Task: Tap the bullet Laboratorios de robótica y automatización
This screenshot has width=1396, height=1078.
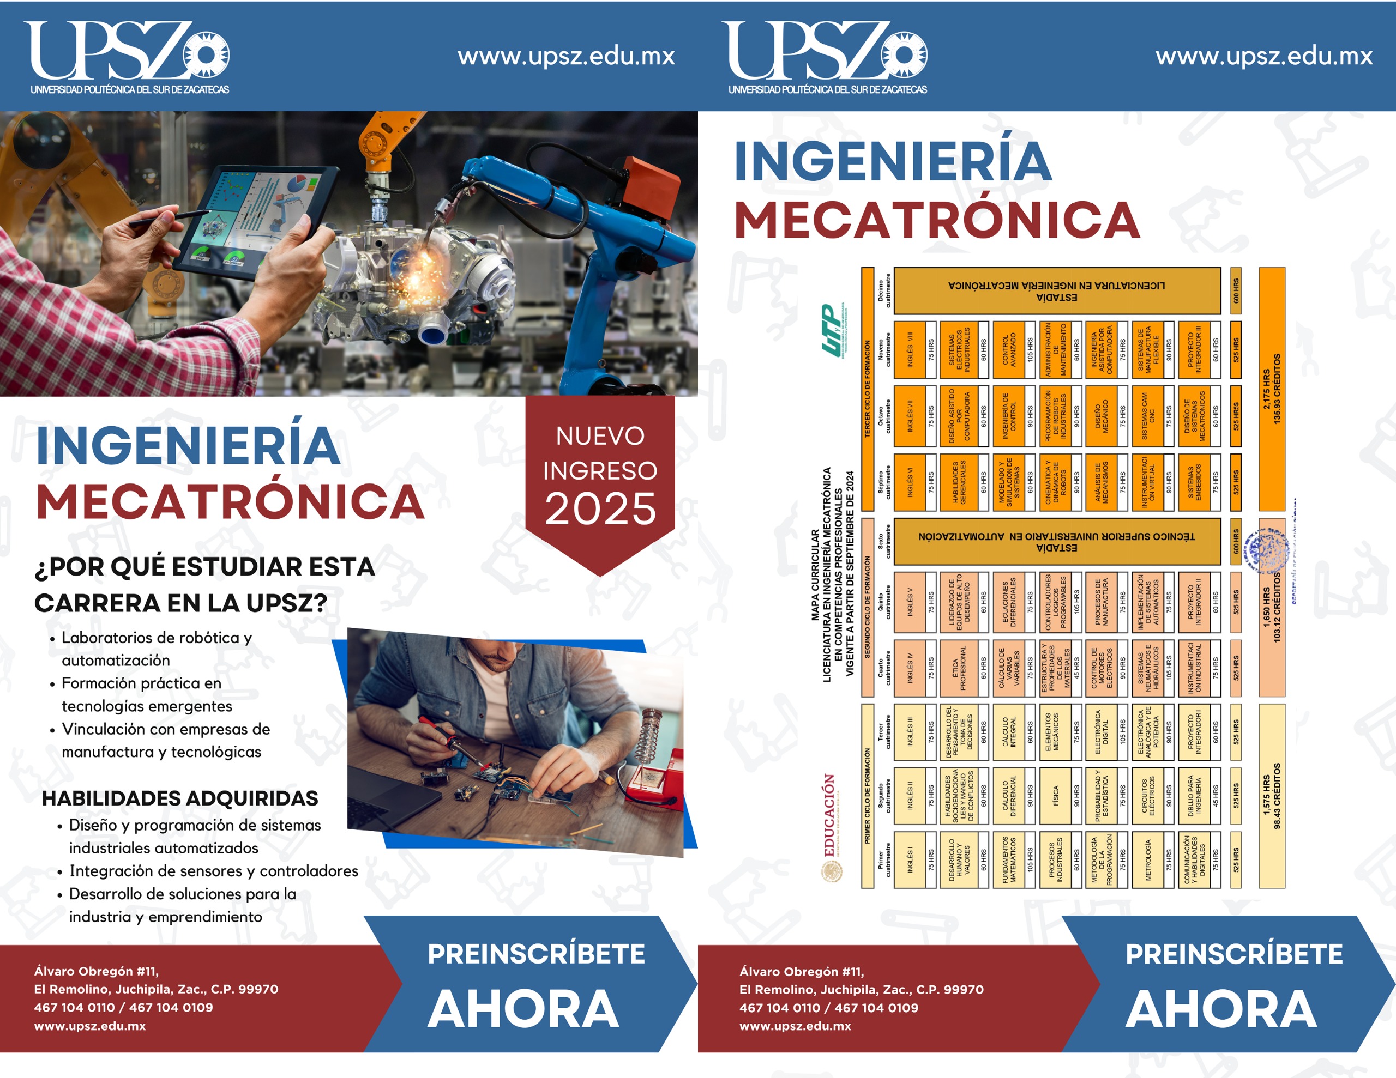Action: (x=157, y=649)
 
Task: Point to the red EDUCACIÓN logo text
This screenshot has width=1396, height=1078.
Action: (x=829, y=815)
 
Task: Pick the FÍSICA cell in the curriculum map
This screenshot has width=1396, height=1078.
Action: (x=1055, y=796)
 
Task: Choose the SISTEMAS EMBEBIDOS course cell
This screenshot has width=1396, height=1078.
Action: (x=1194, y=482)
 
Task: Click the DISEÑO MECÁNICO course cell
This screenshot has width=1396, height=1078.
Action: (x=1102, y=415)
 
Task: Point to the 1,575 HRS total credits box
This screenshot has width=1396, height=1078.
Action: (x=1271, y=796)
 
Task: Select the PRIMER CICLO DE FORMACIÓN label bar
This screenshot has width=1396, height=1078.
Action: (x=868, y=796)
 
